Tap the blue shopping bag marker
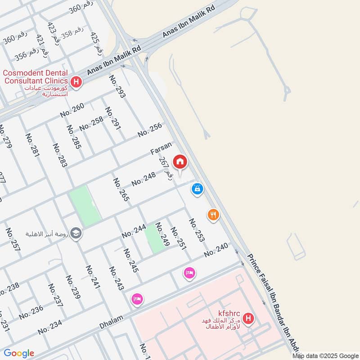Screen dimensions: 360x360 (197, 189)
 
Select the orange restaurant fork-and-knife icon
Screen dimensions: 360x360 (213, 215)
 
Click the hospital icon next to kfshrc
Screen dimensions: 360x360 (247, 319)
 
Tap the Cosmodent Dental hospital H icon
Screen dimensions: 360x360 (76, 82)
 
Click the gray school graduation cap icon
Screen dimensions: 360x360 (76, 233)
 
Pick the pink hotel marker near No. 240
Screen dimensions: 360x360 (189, 273)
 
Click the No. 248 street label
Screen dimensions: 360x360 (144, 179)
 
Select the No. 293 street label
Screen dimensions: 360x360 (117, 86)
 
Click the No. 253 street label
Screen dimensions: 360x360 (197, 230)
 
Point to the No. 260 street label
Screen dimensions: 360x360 (72, 110)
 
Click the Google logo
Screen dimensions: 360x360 (19, 353)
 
